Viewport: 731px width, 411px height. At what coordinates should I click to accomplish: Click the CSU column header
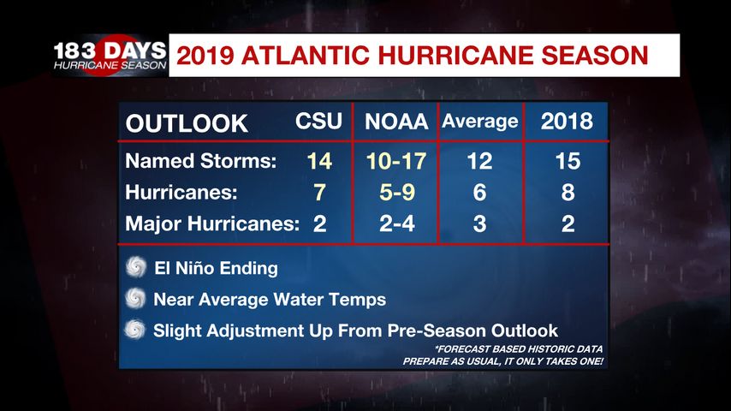click(318, 122)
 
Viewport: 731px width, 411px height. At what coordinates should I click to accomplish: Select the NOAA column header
click(395, 122)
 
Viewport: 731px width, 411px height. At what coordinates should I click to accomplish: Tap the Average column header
click(480, 122)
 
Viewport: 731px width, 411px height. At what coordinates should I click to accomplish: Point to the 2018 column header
click(567, 122)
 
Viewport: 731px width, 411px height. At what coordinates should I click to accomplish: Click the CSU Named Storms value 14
click(318, 162)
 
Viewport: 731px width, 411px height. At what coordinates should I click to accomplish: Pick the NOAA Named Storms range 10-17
click(395, 162)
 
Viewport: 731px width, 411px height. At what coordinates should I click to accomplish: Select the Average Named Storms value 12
click(479, 162)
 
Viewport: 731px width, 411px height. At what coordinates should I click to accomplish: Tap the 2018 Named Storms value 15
click(567, 162)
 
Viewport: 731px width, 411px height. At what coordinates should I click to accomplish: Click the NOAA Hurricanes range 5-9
click(395, 194)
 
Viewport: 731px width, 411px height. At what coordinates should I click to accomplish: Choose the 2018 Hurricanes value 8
click(567, 194)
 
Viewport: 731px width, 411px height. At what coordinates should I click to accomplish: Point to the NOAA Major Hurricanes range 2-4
click(395, 225)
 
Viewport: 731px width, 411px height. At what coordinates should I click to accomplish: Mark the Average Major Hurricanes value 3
click(479, 225)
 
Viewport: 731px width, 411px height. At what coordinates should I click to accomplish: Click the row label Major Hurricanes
click(212, 225)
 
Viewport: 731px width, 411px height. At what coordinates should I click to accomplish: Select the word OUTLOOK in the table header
click(187, 123)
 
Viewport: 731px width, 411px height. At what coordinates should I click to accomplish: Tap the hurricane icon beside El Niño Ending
click(135, 268)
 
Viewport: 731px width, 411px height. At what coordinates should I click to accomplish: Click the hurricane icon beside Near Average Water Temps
click(135, 299)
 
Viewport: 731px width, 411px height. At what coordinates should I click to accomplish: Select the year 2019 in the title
click(205, 57)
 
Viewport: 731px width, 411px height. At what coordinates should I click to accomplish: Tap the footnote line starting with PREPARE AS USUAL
click(502, 361)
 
